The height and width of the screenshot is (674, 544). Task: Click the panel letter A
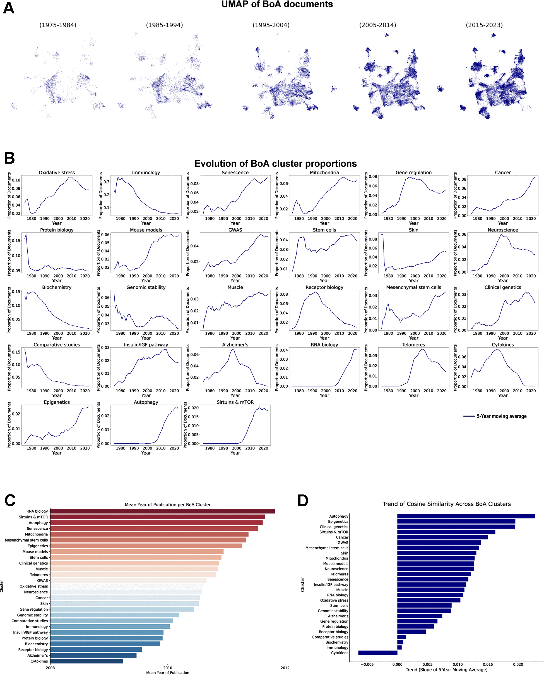click(x=9, y=8)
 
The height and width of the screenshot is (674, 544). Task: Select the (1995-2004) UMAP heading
click(x=271, y=25)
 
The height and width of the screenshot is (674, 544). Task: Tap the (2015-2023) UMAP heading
click(x=484, y=25)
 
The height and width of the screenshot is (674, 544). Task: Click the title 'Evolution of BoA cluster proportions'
click(x=275, y=163)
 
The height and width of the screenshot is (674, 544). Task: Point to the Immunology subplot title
click(x=146, y=173)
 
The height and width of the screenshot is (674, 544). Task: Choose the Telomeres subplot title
click(x=413, y=345)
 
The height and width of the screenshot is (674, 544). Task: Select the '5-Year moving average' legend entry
click(x=501, y=416)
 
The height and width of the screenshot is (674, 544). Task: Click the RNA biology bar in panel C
click(x=162, y=511)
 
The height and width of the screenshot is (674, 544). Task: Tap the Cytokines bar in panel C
click(x=86, y=661)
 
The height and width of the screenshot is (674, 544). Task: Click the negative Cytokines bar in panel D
click(x=378, y=653)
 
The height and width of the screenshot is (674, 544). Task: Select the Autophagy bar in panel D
click(x=466, y=516)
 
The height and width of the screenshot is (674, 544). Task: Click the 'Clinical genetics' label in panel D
click(x=334, y=527)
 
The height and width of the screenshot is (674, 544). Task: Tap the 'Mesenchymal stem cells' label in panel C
click(x=26, y=540)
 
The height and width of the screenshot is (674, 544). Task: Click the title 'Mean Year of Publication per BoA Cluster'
click(x=168, y=505)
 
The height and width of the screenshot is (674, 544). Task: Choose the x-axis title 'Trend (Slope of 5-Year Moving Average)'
click(x=446, y=670)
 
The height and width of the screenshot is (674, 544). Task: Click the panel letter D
click(x=303, y=501)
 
